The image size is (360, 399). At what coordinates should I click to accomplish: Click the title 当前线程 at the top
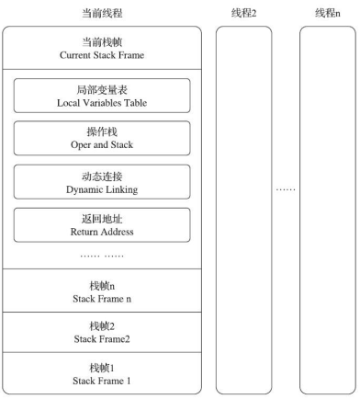[102, 13]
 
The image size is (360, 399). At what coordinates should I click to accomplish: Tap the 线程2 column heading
[243, 13]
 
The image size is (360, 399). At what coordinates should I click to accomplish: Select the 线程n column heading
[327, 13]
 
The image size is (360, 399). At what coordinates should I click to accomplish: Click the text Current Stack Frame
[102, 55]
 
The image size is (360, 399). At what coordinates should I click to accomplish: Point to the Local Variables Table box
[102, 96]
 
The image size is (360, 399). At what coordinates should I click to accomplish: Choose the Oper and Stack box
[102, 138]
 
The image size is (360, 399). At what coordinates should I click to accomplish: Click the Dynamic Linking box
[102, 182]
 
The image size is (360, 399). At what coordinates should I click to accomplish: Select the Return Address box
[102, 225]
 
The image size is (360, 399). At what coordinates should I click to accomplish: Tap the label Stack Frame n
[102, 299]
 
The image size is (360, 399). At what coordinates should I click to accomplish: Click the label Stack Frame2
[102, 339]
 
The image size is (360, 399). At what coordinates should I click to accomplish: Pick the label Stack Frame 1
[102, 381]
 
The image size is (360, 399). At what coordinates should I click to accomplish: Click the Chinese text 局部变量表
[102, 90]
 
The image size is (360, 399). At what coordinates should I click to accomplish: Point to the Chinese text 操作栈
[102, 131]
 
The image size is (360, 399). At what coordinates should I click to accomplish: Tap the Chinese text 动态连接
[102, 177]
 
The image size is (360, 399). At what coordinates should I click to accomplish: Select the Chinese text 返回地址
[102, 219]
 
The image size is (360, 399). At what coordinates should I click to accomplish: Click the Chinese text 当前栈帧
[102, 42]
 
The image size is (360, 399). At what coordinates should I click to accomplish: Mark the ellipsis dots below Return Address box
[102, 256]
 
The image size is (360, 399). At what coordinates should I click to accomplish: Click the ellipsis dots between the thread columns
[286, 189]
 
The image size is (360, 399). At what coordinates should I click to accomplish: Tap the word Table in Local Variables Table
[135, 103]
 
